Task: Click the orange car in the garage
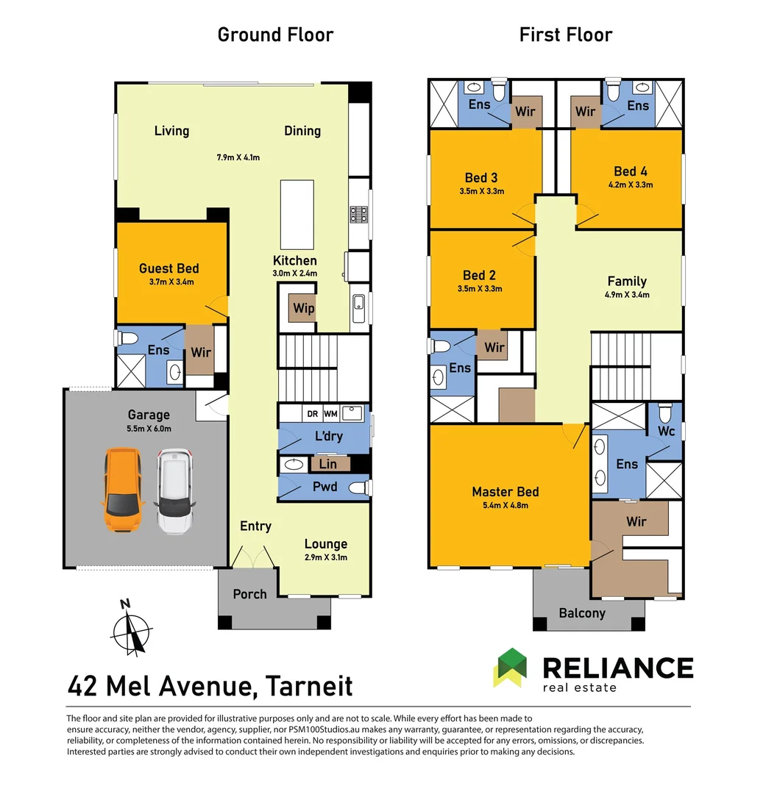pos(123,489)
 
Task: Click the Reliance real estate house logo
pos(511,668)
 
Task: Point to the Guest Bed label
pos(169,268)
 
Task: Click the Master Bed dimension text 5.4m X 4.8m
pos(506,505)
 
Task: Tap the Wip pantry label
pos(304,308)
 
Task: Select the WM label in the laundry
pos(330,414)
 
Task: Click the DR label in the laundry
pos(312,414)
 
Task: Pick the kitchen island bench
pos(297,214)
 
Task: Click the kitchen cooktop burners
pos(358,214)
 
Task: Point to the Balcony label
pos(582,613)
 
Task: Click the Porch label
pos(249,594)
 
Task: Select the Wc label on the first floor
pos(666,431)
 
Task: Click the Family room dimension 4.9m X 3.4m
pos(627,295)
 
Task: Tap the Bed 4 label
pos(630,171)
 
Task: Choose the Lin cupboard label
pos(327,464)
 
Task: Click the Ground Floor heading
pos(275,35)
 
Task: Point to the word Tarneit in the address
pos(309,686)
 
